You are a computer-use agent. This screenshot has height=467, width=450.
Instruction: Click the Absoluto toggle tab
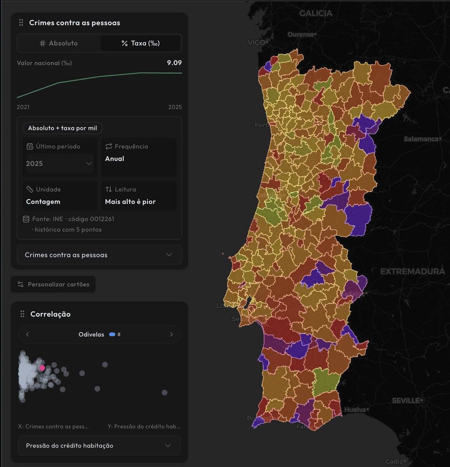pyautogui.click(x=59, y=43)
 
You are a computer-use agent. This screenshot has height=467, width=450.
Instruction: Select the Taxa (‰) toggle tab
pyautogui.click(x=140, y=43)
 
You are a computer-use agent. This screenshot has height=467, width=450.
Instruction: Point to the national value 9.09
pyautogui.click(x=174, y=63)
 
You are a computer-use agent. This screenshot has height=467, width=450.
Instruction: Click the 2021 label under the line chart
pyautogui.click(x=23, y=107)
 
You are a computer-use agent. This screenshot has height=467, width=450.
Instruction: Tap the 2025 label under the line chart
pyautogui.click(x=175, y=107)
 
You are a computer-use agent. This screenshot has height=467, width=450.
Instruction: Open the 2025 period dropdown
pyautogui.click(x=59, y=163)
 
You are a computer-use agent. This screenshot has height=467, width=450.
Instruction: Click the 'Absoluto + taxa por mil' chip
pyautogui.click(x=63, y=128)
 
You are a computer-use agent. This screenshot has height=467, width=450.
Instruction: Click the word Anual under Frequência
pyautogui.click(x=115, y=159)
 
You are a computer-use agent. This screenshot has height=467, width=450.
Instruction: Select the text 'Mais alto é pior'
pyautogui.click(x=130, y=202)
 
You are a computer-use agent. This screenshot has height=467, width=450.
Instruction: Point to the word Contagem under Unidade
pyautogui.click(x=43, y=202)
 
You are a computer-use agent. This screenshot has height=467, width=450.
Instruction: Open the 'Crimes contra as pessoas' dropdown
pyautogui.click(x=99, y=255)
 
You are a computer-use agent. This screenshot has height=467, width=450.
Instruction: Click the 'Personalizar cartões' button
pyautogui.click(x=53, y=284)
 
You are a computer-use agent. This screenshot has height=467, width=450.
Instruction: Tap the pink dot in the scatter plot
pyautogui.click(x=42, y=368)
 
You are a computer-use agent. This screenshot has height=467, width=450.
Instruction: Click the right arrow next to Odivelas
pyautogui.click(x=171, y=334)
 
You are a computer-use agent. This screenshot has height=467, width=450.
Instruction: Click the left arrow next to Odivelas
pyautogui.click(x=27, y=334)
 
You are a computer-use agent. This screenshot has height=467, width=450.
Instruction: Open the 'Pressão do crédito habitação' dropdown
pyautogui.click(x=99, y=446)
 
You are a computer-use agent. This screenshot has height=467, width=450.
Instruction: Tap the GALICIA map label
pyautogui.click(x=316, y=13)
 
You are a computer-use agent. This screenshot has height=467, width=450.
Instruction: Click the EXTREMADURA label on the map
pyautogui.click(x=412, y=271)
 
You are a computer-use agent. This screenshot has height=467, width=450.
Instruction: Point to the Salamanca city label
pyautogui.click(x=421, y=139)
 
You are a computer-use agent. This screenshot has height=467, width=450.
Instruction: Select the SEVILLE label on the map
pyautogui.click(x=406, y=400)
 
